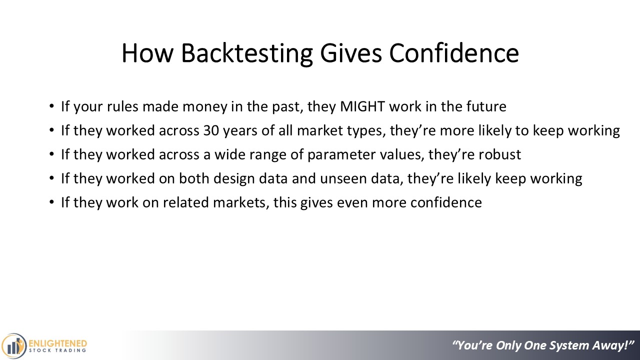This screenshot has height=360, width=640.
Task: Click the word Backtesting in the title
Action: [247, 53]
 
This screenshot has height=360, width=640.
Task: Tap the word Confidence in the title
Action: [454, 53]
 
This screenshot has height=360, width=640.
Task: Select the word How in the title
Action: [147, 53]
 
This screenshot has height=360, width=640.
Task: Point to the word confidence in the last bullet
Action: [446, 202]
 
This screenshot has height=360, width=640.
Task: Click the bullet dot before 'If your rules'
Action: [51, 106]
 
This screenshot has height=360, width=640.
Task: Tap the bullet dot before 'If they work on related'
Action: [51, 202]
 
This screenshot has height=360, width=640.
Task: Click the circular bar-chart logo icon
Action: [13, 346]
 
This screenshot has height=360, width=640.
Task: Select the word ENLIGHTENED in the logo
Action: [58, 343]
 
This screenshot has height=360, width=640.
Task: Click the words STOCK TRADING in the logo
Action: [57, 350]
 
